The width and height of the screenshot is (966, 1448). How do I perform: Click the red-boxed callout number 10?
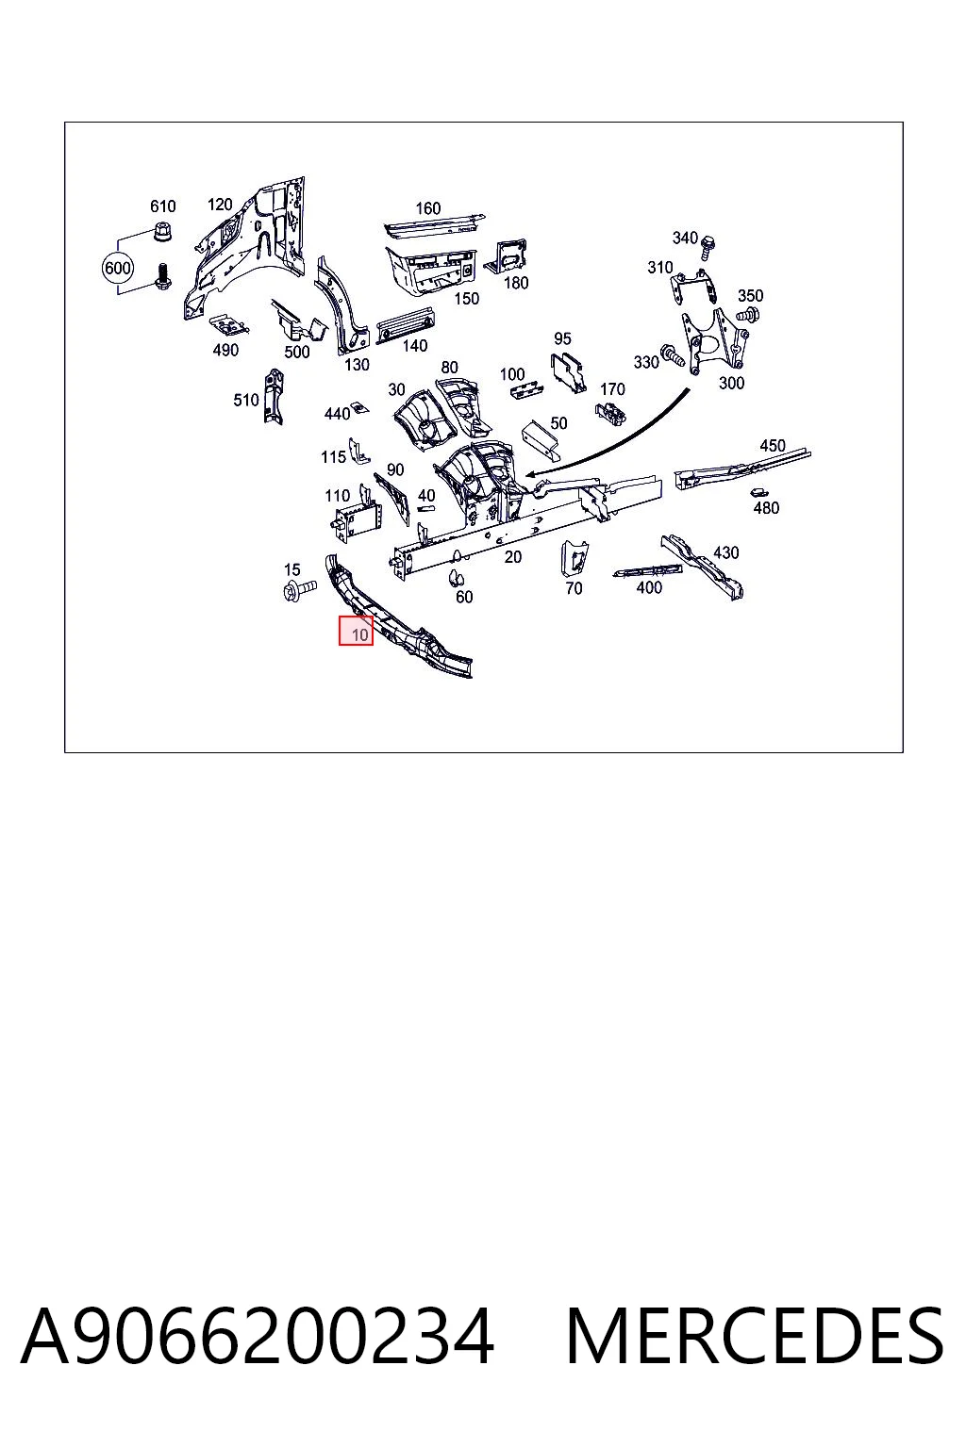(x=356, y=631)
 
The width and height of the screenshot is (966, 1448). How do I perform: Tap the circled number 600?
(x=118, y=267)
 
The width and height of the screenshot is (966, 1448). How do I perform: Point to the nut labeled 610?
(x=161, y=230)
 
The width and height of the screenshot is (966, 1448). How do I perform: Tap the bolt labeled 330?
(x=671, y=355)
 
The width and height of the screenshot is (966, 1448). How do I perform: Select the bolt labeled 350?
(x=750, y=316)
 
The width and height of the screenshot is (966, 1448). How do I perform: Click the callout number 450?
(x=773, y=445)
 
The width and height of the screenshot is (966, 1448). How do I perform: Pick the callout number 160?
(x=427, y=208)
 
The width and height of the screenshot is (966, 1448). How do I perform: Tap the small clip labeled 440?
(x=358, y=408)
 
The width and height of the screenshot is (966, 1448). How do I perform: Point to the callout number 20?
(x=513, y=556)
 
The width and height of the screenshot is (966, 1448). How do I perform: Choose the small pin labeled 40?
(x=425, y=508)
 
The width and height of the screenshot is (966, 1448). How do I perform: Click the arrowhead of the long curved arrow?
(x=532, y=474)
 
